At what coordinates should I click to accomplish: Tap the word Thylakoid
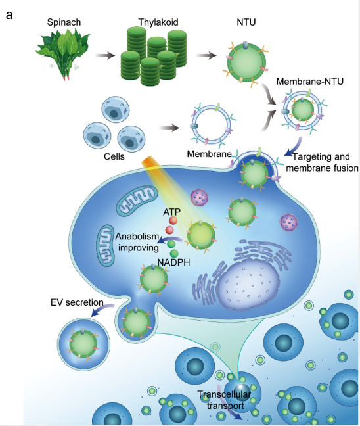(x=158, y=22)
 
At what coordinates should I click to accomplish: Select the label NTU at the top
(x=246, y=22)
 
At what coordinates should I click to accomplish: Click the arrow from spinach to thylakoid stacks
(x=105, y=56)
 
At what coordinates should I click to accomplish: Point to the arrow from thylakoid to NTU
(x=206, y=56)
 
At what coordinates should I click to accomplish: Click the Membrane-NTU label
(x=310, y=82)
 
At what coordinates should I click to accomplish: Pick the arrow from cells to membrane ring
(x=169, y=128)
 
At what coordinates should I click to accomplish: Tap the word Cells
(x=114, y=156)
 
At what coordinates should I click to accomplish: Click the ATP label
(x=171, y=212)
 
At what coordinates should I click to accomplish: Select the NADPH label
(x=173, y=262)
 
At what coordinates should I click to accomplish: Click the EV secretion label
(x=77, y=302)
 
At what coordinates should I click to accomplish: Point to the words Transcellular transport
(x=225, y=400)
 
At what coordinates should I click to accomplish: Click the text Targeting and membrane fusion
(x=323, y=162)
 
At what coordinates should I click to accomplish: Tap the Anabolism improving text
(x=137, y=242)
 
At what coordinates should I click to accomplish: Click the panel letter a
(x=9, y=15)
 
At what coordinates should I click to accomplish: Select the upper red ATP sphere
(x=173, y=220)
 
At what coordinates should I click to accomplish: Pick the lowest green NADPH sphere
(x=174, y=254)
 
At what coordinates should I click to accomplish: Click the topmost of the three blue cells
(x=116, y=110)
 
